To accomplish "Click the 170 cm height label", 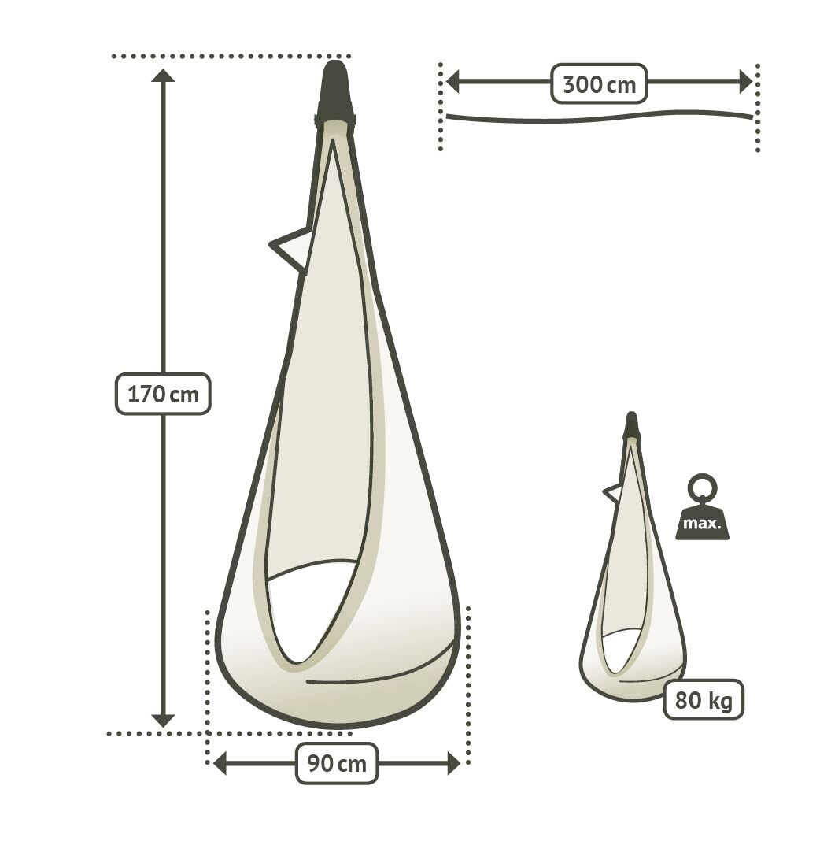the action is [163, 394].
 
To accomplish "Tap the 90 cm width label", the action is [337, 763].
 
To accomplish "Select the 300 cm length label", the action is [599, 83].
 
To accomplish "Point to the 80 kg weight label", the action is [704, 699].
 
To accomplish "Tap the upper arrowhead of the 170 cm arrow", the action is [163, 76].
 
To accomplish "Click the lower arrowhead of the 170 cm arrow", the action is [163, 721].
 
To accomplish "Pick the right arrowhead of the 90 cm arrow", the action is [454, 764].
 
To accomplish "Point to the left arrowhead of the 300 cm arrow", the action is [452, 83].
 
